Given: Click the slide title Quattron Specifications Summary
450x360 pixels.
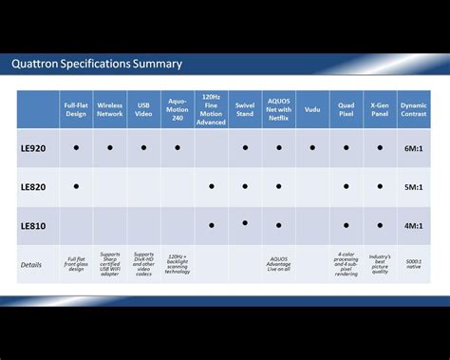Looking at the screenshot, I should tap(97, 65).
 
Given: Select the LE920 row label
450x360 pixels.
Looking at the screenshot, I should tap(33, 148).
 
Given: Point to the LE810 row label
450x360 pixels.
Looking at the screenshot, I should tap(33, 225).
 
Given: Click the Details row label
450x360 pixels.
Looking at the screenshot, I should tap(31, 264).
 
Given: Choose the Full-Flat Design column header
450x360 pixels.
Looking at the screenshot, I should tap(76, 109).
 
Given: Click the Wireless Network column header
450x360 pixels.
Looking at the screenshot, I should tap(110, 109).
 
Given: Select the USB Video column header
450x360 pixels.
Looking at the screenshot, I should tap(143, 109).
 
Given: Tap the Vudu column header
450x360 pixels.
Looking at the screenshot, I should tap(312, 109).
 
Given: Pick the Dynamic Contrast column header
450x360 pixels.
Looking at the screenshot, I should tap(414, 109).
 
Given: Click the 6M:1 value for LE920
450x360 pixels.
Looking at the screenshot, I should tap(414, 148).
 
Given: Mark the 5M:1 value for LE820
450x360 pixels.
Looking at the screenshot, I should tap(414, 186).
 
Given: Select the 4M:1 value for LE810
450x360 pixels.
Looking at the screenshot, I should tap(414, 225).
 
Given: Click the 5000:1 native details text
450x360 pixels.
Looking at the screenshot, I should tap(414, 263).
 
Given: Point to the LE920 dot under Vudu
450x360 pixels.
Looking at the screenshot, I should tap(312, 148).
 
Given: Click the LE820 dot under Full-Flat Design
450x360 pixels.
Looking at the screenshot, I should tap(76, 186).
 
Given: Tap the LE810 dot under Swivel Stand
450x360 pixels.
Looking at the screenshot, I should tap(245, 222).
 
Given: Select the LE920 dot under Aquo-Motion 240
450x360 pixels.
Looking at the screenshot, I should tap(177, 148).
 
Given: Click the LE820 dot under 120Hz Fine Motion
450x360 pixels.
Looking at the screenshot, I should tap(211, 186).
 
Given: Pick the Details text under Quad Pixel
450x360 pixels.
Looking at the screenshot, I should tap(347, 264).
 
